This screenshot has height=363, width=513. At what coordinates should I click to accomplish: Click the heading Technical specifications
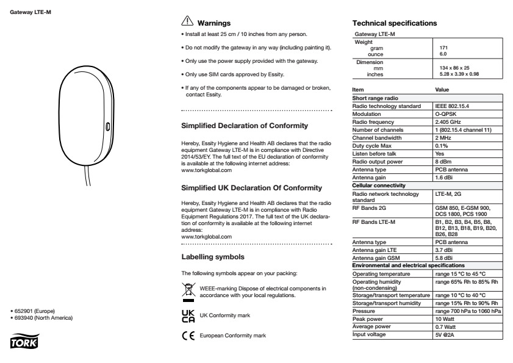[x=390, y=23]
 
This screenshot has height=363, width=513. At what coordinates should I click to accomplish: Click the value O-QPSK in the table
[x=444, y=113]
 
